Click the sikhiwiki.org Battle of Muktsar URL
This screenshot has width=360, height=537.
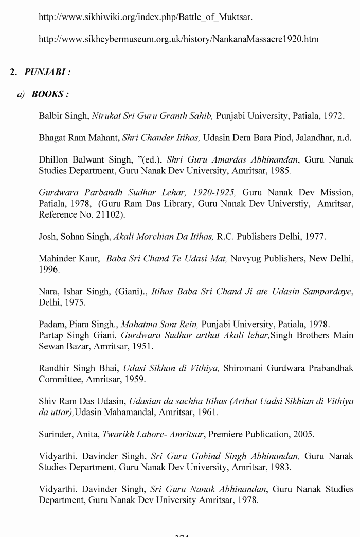(x=146, y=17)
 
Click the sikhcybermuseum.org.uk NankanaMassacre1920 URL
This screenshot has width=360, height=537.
(x=178, y=39)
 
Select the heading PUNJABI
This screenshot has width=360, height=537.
(x=47, y=72)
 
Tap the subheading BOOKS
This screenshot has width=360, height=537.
(x=50, y=94)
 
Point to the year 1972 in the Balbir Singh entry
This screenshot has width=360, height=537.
(x=334, y=116)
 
